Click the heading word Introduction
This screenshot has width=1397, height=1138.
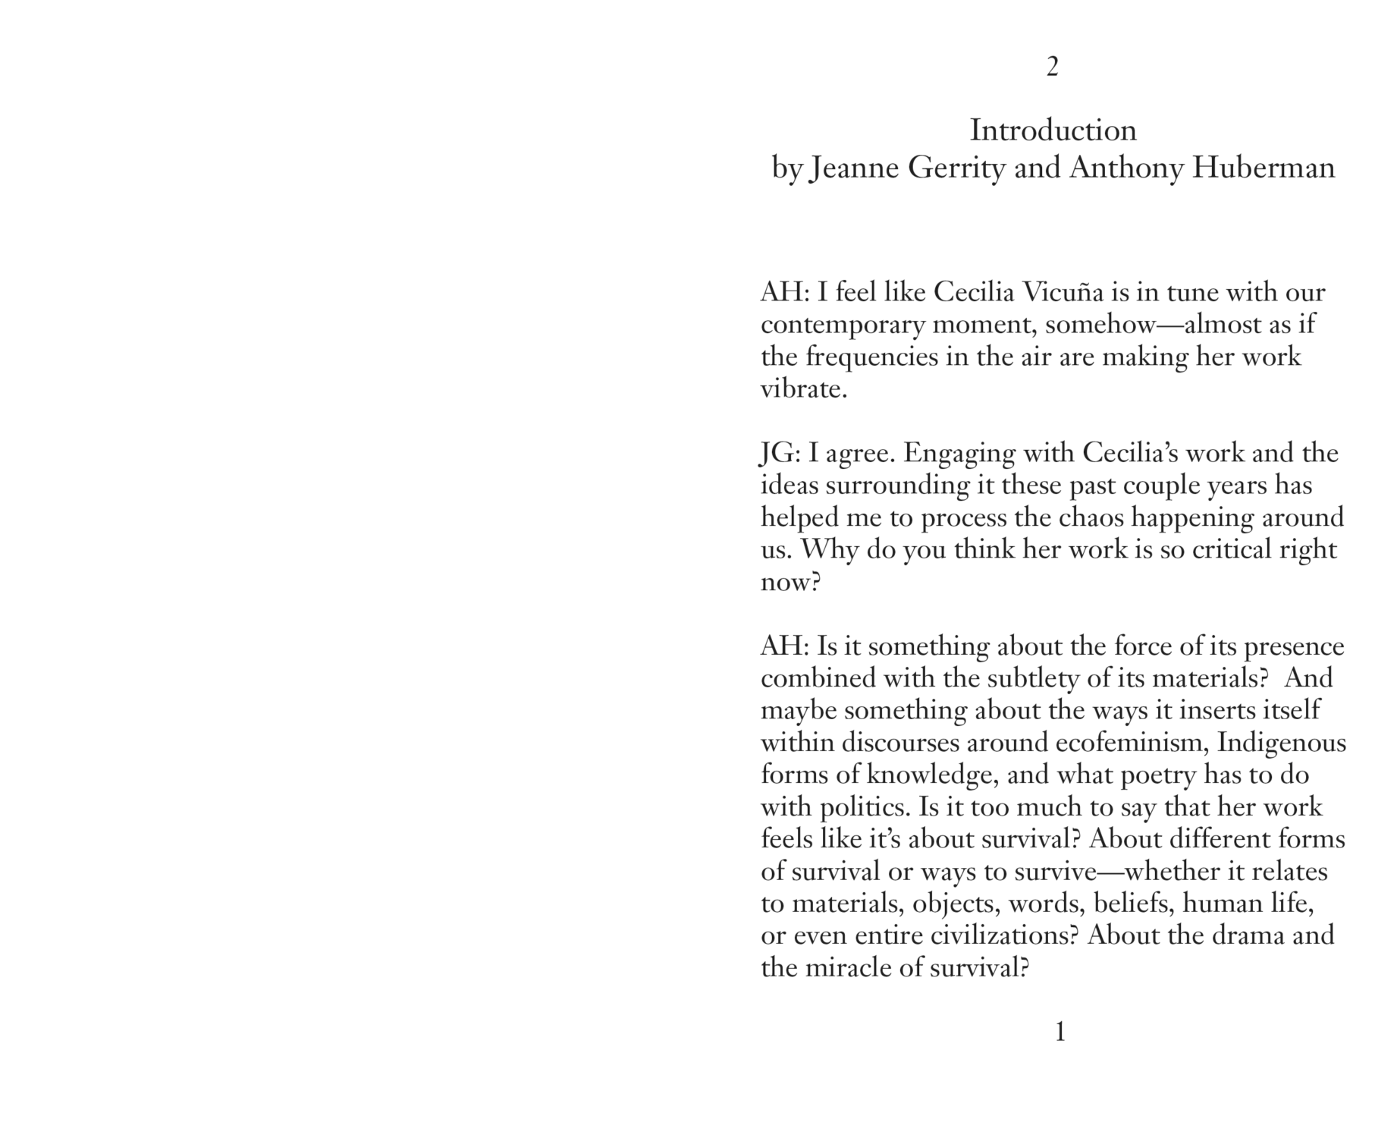click(1053, 130)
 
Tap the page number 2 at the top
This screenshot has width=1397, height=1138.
click(1052, 68)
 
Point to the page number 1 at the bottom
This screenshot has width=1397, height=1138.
click(1060, 1032)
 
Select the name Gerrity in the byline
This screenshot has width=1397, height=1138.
click(956, 168)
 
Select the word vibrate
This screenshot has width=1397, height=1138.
click(803, 389)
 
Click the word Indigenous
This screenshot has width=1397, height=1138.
click(1282, 743)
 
